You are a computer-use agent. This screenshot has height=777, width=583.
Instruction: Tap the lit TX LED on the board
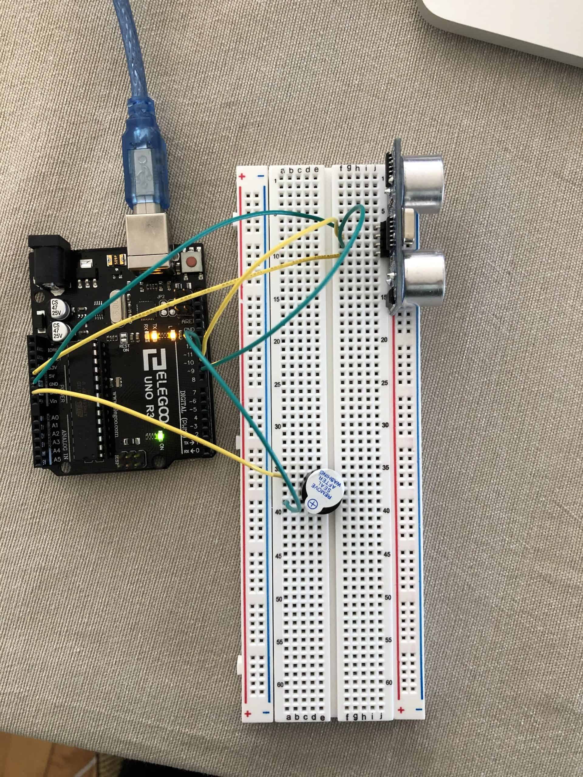point(155,335)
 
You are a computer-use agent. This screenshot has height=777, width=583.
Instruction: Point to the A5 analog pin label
point(56,458)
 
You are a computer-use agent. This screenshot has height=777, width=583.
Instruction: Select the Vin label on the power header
point(54,401)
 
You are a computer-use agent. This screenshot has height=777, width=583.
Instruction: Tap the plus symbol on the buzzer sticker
point(312,505)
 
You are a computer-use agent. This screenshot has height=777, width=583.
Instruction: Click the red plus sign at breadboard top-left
point(242,176)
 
